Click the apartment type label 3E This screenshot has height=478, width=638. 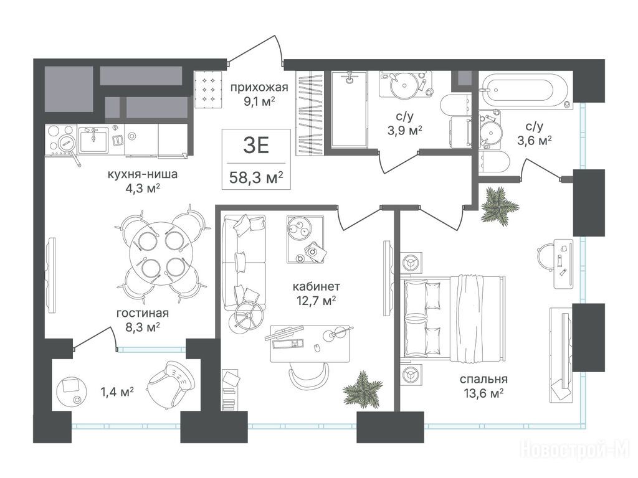tap(256, 146)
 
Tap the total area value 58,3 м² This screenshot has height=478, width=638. tap(256, 177)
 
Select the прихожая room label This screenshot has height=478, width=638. tap(259, 87)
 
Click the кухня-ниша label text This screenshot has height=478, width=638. tap(143, 174)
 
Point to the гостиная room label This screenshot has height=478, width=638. tap(143, 313)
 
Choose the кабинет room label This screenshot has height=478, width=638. tap(316, 286)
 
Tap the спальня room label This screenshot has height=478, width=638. tap(483, 379)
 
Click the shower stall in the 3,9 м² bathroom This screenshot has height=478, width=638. tap(349, 109)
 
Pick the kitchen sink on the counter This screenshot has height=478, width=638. tap(93, 140)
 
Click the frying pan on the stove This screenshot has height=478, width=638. tap(69, 147)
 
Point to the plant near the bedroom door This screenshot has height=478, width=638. tap(499, 205)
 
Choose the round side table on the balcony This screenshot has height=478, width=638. tap(71, 391)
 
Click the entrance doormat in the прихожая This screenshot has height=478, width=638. tap(208, 90)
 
